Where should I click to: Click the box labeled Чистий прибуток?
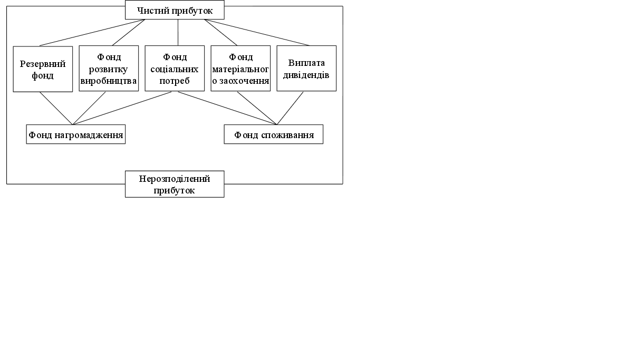tap(175, 10)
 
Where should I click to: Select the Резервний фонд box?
tap(43, 69)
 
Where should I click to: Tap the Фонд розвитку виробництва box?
tap(109, 69)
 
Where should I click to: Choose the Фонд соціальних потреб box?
tap(175, 69)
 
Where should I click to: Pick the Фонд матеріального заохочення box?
tap(240, 69)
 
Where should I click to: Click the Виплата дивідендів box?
tap(306, 69)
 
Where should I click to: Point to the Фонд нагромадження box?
tap(76, 134)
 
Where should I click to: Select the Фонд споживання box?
tap(273, 134)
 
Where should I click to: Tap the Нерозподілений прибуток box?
tap(175, 184)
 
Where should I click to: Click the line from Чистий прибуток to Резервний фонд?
tap(92, 33)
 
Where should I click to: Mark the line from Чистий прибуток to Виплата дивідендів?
tap(257, 33)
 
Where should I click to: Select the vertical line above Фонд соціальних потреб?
tap(178, 33)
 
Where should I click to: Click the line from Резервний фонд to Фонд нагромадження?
tap(56, 108)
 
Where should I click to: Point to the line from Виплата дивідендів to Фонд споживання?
tap(290, 108)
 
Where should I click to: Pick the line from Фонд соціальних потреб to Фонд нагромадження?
tap(122, 108)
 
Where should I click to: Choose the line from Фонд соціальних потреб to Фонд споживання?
tap(227, 108)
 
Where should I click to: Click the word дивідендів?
tap(306, 75)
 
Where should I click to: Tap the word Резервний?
tap(43, 64)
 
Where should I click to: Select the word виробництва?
tap(109, 81)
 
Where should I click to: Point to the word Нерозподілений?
tap(175, 179)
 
